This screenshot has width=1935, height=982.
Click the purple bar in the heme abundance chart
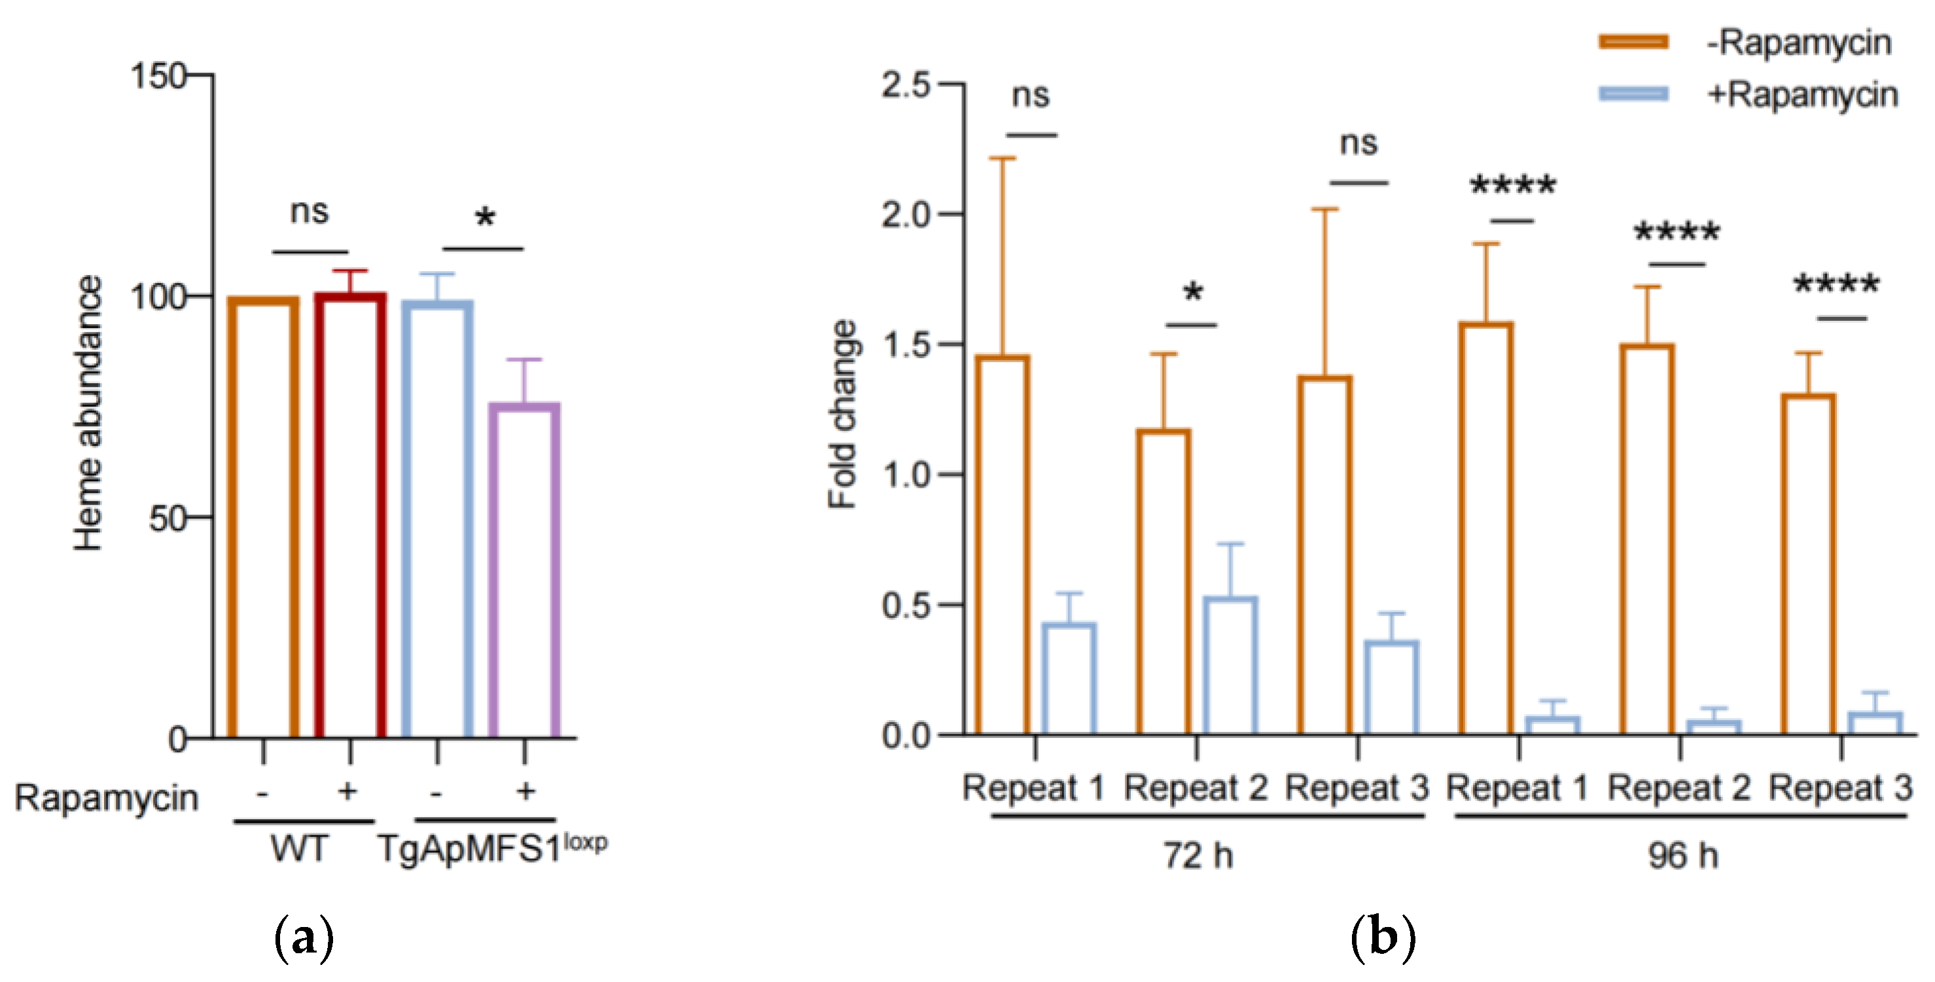click(524, 571)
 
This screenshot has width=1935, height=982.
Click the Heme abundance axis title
click(88, 413)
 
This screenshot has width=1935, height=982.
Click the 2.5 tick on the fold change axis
click(907, 84)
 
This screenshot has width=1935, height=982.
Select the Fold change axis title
click(843, 414)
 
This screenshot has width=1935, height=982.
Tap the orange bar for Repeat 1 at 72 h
click(1003, 545)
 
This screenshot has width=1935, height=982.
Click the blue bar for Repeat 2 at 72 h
click(1230, 665)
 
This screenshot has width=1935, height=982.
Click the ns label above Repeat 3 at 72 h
click(1358, 143)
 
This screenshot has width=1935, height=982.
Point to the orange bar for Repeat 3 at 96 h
click(1808, 564)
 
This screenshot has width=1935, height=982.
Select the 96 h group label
click(1682, 856)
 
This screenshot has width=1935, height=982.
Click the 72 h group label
click(1199, 856)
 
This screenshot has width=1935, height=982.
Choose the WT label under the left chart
click(299, 850)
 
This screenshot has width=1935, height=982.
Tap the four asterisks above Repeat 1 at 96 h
click(1512, 185)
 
